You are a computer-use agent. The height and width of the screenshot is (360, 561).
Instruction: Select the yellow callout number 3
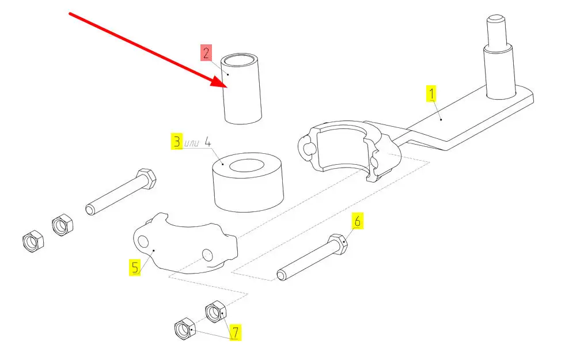pos(177,142)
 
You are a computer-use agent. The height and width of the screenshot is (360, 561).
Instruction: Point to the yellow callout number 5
pos(134,268)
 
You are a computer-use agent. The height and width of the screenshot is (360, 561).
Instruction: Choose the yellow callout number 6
pos(357,220)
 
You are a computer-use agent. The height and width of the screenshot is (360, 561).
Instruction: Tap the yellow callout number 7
pos(235,332)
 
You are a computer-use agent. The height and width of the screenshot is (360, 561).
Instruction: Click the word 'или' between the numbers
pos(192,143)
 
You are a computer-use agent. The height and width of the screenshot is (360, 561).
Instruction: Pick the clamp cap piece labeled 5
pos(184,248)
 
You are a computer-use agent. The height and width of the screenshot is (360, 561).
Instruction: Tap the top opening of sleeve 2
pos(241,59)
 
